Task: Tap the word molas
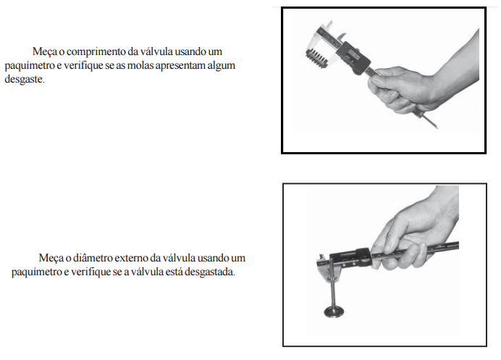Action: [x=140, y=65]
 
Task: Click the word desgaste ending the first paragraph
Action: [x=25, y=80]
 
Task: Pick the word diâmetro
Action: [x=93, y=258]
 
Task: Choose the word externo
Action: [x=132, y=258]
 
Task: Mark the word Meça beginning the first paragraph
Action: [x=44, y=52]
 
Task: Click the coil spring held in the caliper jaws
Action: [x=316, y=58]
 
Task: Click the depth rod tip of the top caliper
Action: [x=437, y=127]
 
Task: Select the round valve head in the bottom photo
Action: [x=334, y=311]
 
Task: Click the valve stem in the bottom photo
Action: [x=333, y=284]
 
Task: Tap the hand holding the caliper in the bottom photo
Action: [x=416, y=230]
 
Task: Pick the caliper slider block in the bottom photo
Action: [x=350, y=257]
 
